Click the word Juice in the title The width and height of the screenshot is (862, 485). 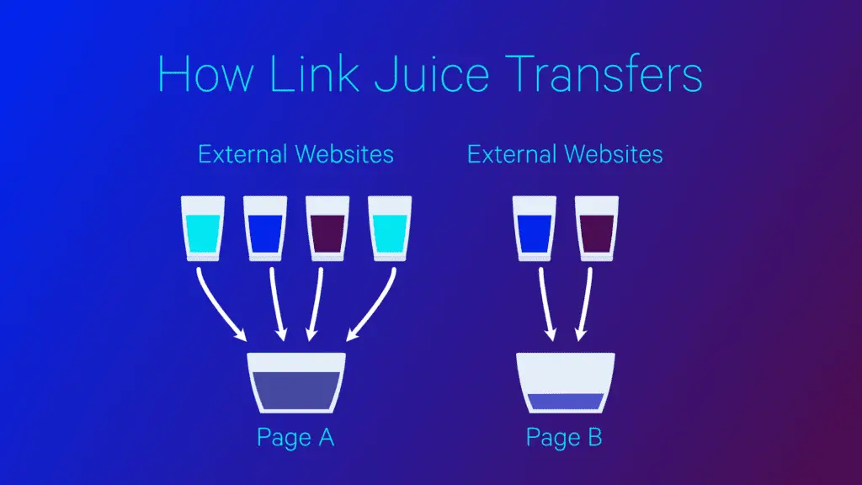432,73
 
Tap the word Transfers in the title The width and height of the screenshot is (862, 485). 604,73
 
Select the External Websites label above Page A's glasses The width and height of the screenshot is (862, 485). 295,154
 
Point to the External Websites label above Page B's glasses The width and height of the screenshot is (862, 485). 565,154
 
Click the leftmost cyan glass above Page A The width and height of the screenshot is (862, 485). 203,228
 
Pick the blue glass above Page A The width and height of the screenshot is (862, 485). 265,228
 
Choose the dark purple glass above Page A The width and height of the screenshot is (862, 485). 327,228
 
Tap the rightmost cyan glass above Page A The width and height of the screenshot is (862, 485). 390,228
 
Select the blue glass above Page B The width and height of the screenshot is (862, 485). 535,228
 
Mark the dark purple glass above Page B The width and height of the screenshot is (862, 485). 597,228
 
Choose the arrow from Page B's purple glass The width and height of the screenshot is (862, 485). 584,304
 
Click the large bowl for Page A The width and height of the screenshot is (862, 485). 296,383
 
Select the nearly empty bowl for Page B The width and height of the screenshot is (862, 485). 566,383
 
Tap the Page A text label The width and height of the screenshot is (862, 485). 295,438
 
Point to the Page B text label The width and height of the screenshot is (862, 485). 565,438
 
